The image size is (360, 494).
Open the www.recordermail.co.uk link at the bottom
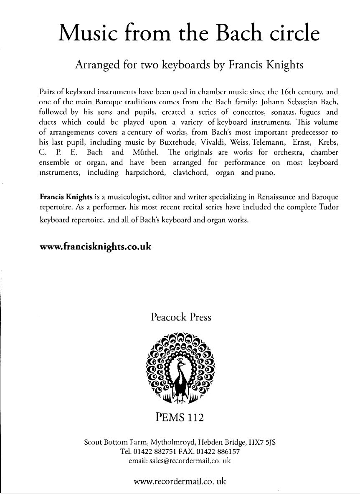(180, 481)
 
